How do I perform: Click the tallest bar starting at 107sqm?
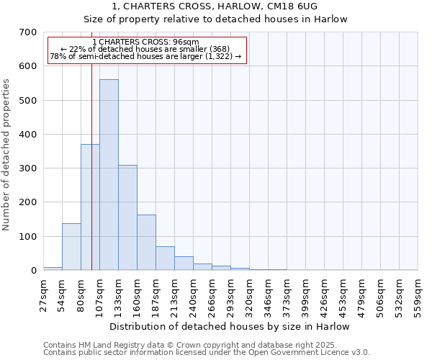(109, 175)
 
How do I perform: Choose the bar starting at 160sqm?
(146, 243)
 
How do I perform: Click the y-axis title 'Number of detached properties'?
(6, 155)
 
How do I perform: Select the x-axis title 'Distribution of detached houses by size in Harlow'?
(230, 326)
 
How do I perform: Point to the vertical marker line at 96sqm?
(91, 180)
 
